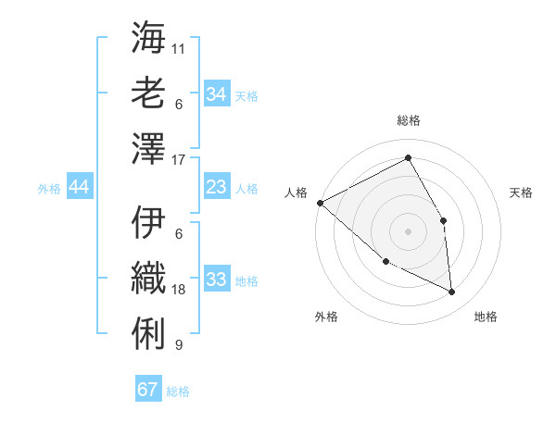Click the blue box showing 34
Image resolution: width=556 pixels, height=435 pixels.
pyautogui.click(x=217, y=93)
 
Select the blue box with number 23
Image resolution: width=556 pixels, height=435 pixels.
pyautogui.click(x=217, y=187)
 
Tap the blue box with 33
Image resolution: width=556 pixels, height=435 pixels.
pyautogui.click(x=217, y=280)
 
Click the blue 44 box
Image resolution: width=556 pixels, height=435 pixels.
pyautogui.click(x=80, y=187)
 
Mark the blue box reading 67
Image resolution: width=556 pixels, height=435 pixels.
pyautogui.click(x=148, y=390)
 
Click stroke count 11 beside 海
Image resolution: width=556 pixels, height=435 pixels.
pyautogui.click(x=179, y=47)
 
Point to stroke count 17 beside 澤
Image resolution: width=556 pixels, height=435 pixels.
pyautogui.click(x=179, y=160)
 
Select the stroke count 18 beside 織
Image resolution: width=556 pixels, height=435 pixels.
pyautogui.click(x=179, y=290)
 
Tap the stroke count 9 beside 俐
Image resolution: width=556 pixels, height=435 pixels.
pyautogui.click(x=179, y=345)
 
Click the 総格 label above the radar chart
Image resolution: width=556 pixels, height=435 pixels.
pyautogui.click(x=408, y=120)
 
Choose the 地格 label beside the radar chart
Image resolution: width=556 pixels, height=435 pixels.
pyautogui.click(x=486, y=317)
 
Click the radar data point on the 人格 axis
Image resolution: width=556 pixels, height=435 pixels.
pyautogui.click(x=320, y=203)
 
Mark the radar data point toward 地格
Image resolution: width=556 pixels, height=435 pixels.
pyautogui.click(x=452, y=292)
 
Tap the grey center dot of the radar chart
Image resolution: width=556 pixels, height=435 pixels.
pyautogui.click(x=408, y=230)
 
